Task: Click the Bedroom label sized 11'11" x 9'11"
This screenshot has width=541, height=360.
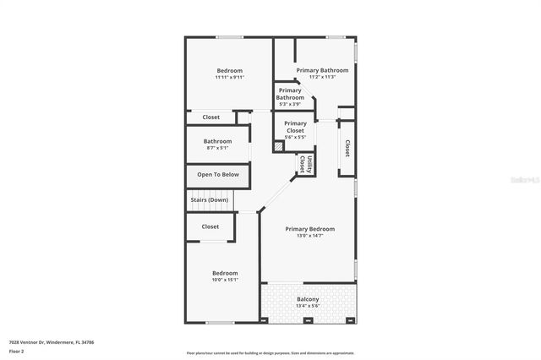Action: (229, 71)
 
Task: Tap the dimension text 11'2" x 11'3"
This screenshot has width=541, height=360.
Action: (322, 78)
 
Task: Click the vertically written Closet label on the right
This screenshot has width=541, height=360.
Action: (347, 148)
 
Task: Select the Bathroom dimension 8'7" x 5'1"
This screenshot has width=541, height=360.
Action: (217, 149)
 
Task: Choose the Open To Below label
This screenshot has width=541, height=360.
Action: (218, 175)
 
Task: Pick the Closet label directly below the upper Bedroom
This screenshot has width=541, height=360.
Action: (210, 117)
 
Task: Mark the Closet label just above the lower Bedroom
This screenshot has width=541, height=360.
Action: (210, 226)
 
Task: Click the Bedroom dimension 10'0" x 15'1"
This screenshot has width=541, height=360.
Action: (225, 281)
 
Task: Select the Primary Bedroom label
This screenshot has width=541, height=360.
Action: (309, 229)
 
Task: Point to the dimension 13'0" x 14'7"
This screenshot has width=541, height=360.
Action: (309, 236)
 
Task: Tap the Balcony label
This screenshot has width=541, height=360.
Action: (308, 300)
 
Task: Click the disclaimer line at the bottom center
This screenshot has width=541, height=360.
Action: (270, 353)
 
